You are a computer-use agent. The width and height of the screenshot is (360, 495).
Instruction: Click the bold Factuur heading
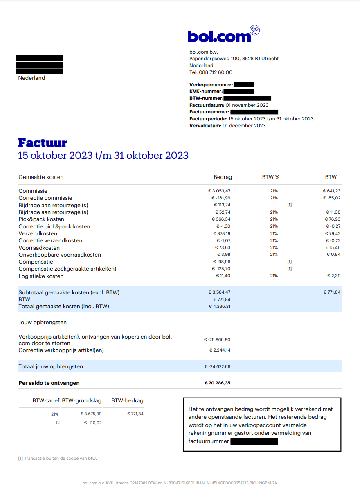click(43, 143)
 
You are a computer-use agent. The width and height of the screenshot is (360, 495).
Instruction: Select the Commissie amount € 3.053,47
click(220, 191)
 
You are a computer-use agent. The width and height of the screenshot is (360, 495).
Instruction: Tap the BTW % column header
click(271, 177)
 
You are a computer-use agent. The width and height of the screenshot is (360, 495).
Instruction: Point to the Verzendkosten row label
click(38, 233)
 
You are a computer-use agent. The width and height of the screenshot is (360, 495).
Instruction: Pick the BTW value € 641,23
click(331, 191)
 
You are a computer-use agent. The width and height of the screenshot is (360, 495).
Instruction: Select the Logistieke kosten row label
click(41, 276)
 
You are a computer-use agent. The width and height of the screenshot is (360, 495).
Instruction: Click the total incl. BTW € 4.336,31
click(220, 306)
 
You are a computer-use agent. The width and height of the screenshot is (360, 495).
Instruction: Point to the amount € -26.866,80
click(217, 339)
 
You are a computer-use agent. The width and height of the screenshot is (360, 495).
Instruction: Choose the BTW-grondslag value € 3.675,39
click(91, 414)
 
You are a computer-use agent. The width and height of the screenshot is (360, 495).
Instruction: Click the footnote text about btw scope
click(58, 458)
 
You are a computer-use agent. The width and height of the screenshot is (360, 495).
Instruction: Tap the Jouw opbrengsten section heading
click(43, 323)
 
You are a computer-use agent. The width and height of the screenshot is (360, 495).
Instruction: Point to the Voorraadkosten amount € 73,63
click(223, 248)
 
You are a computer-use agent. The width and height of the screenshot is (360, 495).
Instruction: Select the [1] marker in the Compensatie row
click(289, 262)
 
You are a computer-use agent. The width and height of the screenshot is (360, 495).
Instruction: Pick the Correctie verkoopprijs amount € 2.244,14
click(220, 350)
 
